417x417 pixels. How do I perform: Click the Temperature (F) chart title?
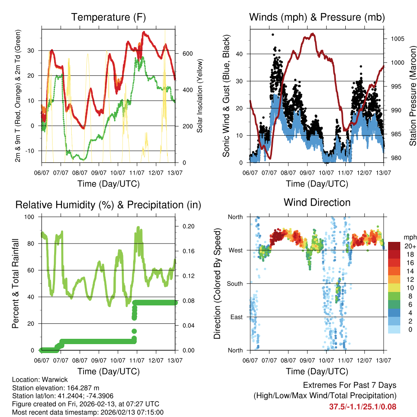click(x=108, y=18)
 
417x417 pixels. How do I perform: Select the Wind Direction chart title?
click(x=317, y=202)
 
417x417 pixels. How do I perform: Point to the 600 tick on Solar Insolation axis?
click(x=187, y=54)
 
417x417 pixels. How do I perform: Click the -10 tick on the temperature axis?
click(x=31, y=151)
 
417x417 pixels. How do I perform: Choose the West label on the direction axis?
click(x=235, y=250)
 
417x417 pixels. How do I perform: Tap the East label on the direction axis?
click(x=236, y=317)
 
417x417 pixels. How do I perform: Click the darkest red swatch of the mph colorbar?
click(x=394, y=246)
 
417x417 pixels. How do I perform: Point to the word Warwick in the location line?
click(x=56, y=380)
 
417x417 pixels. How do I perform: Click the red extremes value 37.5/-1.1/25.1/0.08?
click(x=362, y=406)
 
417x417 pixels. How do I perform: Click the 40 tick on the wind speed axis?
click(x=239, y=54)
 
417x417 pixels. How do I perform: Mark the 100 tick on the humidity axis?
click(x=29, y=217)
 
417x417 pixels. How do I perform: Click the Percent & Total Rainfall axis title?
click(x=15, y=283)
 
